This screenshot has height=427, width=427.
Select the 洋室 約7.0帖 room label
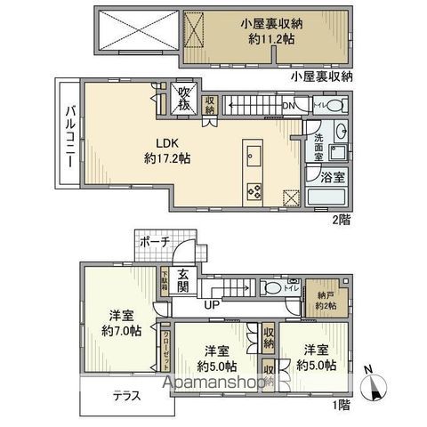tap(121, 322)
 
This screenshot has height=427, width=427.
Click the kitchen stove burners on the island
tap(252, 189)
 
